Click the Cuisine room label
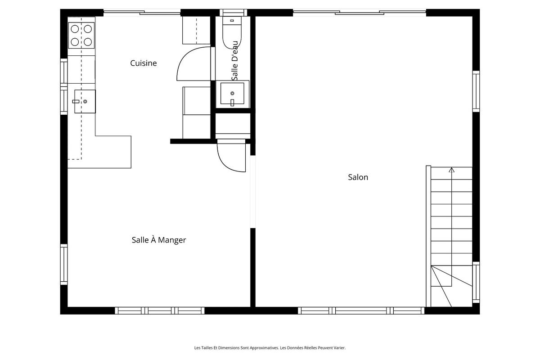point(144,63)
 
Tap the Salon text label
point(358,177)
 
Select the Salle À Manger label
point(158,240)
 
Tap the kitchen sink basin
point(85,101)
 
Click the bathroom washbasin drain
point(232,94)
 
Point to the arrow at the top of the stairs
point(451,170)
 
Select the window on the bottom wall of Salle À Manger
point(160,310)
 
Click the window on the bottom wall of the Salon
point(361,310)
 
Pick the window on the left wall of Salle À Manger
point(64,265)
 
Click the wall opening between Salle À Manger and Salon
point(253,192)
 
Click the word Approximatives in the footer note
point(261,347)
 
